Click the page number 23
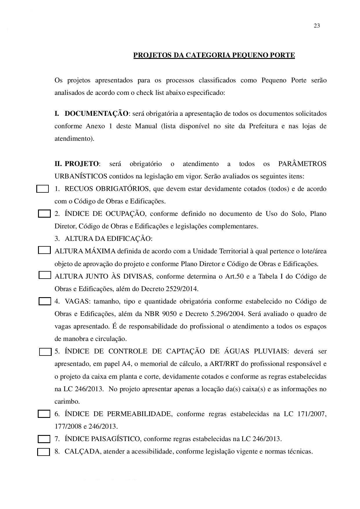coord(317,26)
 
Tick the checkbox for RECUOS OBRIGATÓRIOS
coord(42,189)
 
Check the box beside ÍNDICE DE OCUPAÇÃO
coord(44,214)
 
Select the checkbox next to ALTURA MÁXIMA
coord(44,250)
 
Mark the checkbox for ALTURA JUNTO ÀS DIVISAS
coord(44,275)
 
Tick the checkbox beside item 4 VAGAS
coord(45,301)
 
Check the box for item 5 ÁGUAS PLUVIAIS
coord(45,352)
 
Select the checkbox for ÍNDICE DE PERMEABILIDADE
coord(44,414)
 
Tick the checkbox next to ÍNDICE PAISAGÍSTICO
coord(44,439)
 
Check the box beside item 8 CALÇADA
coord(44,452)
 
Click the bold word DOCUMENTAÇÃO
coord(96,113)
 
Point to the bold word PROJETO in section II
coord(82,164)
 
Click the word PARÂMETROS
coord(302,164)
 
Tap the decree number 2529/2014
coord(183,289)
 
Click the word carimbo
coord(67,402)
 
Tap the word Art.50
coord(234,276)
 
